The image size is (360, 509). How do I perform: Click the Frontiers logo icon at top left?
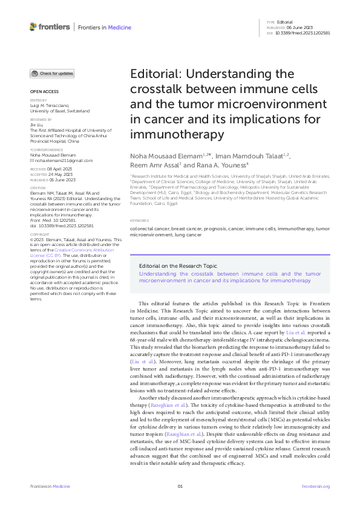33,26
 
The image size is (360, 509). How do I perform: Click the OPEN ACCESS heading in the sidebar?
41,92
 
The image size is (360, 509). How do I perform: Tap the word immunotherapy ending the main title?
172,134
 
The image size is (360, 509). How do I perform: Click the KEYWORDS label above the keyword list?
139,222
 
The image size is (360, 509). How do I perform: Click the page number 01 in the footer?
180,486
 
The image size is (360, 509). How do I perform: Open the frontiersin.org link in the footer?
315,486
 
